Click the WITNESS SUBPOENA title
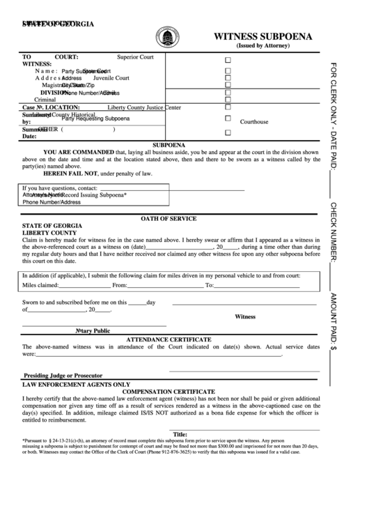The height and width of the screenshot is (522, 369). coord(262,36)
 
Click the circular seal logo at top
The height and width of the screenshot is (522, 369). coord(167,35)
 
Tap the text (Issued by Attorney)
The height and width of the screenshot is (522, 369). coord(263,47)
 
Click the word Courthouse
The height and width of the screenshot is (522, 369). coord(254,121)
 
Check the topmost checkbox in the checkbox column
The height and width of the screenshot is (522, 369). coord(228,60)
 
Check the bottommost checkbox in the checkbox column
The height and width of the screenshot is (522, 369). coord(228,132)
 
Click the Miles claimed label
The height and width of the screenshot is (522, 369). coord(40,285)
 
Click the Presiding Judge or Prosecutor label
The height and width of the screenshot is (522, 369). coord(63,375)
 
